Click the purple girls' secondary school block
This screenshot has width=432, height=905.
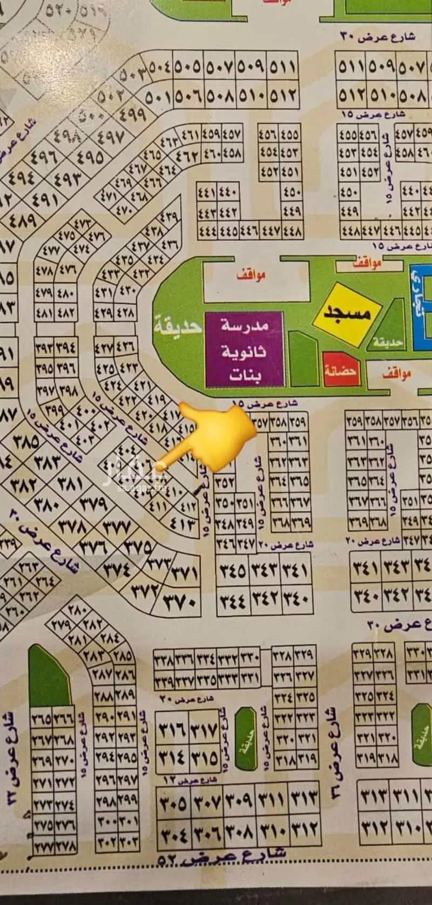coord(245,349)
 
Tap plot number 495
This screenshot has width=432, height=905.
coord(89,157)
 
